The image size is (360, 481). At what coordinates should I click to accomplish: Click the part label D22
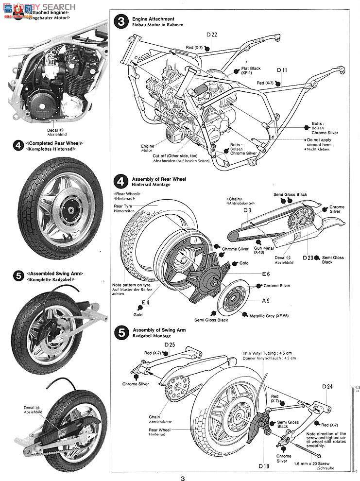click(x=211, y=34)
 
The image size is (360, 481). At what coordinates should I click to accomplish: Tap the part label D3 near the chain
click(x=247, y=210)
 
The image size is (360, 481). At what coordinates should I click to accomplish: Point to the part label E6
click(x=265, y=274)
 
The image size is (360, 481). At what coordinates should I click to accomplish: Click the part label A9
click(x=266, y=301)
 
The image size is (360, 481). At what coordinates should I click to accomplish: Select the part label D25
click(x=169, y=344)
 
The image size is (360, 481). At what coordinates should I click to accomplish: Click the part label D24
click(x=327, y=387)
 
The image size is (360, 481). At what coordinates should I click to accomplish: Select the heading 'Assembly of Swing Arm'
click(x=159, y=330)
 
